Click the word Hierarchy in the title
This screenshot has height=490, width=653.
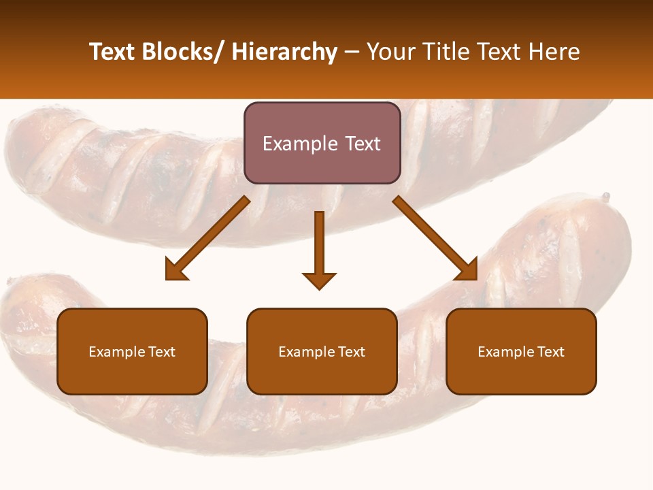(x=284, y=52)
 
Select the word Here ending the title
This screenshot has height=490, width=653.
(x=554, y=52)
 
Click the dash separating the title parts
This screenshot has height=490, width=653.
(x=352, y=52)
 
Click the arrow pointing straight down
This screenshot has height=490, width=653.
(x=319, y=245)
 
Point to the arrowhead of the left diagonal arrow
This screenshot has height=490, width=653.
(x=176, y=269)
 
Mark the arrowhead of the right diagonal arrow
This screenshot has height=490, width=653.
(x=467, y=269)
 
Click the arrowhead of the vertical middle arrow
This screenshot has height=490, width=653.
(x=319, y=280)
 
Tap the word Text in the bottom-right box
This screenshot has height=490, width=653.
(x=550, y=352)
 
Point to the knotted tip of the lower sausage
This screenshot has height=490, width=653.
(x=605, y=197)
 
